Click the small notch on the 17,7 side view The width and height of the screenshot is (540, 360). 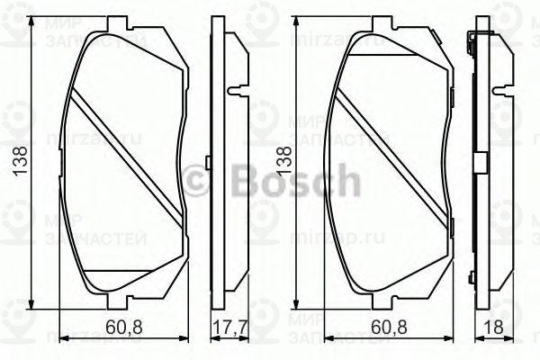tap(234, 90)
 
